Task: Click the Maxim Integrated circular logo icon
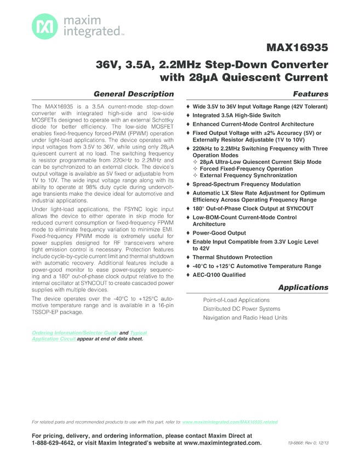click(43, 26)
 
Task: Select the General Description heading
click(134, 94)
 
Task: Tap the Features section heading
click(311, 94)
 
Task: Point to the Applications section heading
click(303, 287)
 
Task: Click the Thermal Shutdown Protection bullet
click(232, 257)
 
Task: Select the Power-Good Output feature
click(219, 233)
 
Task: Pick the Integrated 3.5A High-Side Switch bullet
click(236, 115)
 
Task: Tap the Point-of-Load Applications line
click(236, 300)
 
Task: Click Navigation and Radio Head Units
click(245, 317)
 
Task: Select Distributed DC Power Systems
click(242, 309)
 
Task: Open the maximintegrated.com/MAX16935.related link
click(230, 422)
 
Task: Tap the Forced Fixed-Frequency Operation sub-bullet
click(246, 169)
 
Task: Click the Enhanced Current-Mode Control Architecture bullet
click(253, 124)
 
